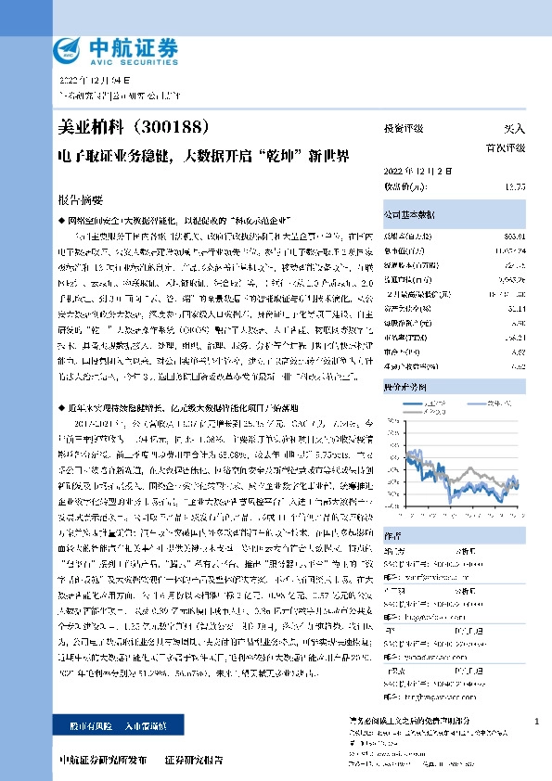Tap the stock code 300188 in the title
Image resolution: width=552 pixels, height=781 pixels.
185,128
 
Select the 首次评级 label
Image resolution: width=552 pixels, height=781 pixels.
506,147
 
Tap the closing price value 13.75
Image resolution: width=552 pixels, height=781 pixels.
514,186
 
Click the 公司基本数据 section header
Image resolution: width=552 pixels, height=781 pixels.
407,212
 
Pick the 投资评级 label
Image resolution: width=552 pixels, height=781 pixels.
404,130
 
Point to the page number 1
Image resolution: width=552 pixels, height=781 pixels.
538,721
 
